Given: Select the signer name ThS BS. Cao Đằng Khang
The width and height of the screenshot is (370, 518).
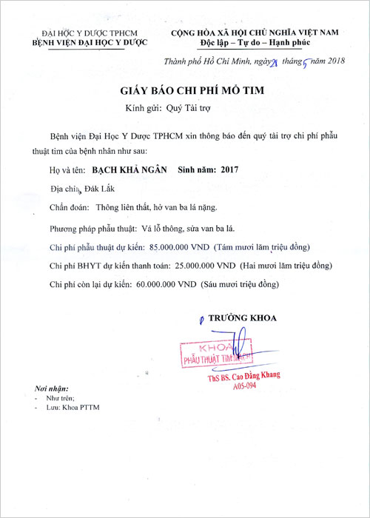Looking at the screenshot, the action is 244,377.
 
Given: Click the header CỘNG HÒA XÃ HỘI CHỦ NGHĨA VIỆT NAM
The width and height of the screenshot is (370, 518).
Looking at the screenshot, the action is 255,33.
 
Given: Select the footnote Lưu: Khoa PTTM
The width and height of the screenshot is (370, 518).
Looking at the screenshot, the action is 73,408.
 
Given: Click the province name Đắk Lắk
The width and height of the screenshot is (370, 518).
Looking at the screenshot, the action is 92,189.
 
